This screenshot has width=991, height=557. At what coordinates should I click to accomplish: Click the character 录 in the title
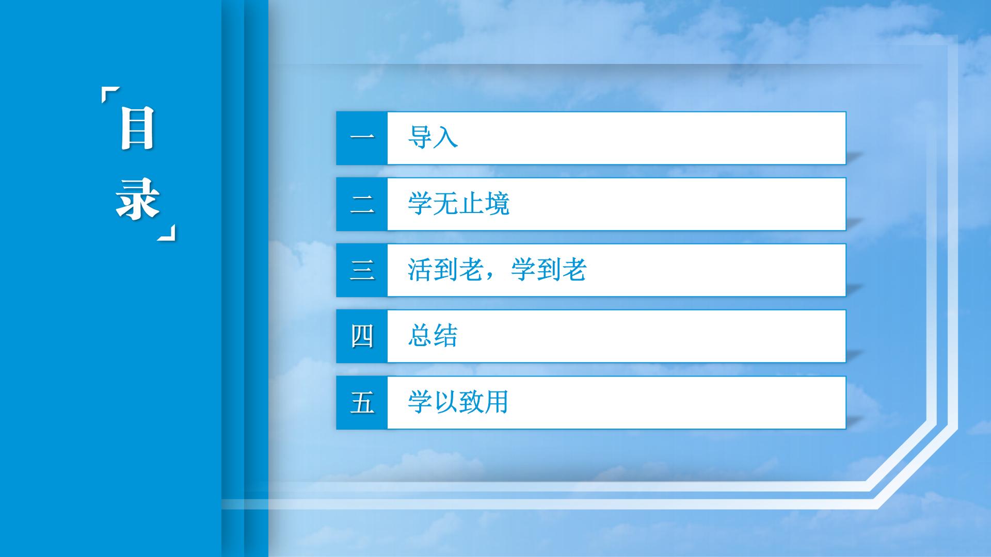tap(137, 199)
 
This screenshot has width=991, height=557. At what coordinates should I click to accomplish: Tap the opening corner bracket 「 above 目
tap(110, 95)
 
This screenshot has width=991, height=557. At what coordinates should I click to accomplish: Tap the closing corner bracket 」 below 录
tap(167, 233)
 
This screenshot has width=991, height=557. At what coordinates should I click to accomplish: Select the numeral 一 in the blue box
tap(362, 138)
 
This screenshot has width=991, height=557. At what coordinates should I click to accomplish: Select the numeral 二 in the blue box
tap(362, 204)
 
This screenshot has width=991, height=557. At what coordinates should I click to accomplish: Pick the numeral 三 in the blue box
tap(362, 270)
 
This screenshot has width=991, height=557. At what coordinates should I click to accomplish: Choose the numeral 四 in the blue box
tap(362, 336)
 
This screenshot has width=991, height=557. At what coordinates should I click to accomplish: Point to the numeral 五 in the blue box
tap(362, 402)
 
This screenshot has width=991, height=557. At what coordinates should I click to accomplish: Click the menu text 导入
tap(433, 138)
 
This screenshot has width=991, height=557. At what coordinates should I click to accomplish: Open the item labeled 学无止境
tap(458, 204)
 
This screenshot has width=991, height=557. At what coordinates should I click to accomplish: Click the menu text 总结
tap(433, 336)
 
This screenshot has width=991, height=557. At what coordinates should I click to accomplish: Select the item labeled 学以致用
tap(458, 402)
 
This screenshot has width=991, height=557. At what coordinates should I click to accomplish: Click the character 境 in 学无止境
tap(497, 204)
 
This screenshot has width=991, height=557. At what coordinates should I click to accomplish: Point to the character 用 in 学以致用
tap(497, 402)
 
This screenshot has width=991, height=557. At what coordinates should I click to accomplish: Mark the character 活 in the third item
tap(420, 270)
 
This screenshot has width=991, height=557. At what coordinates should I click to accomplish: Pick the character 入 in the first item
tap(445, 138)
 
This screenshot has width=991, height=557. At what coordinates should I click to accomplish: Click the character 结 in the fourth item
tap(445, 336)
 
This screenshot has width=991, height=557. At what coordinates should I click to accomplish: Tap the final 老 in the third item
tap(574, 270)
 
